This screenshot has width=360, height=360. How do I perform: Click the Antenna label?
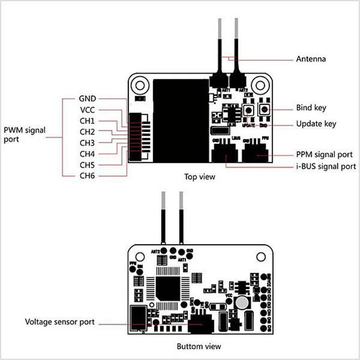click(310, 59)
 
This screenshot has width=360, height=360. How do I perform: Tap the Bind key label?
click(311, 108)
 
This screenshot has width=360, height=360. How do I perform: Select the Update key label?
click(316, 124)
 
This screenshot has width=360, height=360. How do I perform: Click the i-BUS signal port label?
click(326, 166)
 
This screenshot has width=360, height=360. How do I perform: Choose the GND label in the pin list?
click(87, 99)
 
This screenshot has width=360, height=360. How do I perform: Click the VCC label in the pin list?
click(87, 110)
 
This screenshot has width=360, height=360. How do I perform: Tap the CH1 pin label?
click(87, 121)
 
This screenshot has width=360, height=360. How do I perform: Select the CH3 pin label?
click(87, 143)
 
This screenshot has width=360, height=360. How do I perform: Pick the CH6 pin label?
click(87, 175)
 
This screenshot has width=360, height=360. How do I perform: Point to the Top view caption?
click(200, 177)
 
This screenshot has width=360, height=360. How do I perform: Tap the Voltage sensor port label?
click(60, 322)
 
